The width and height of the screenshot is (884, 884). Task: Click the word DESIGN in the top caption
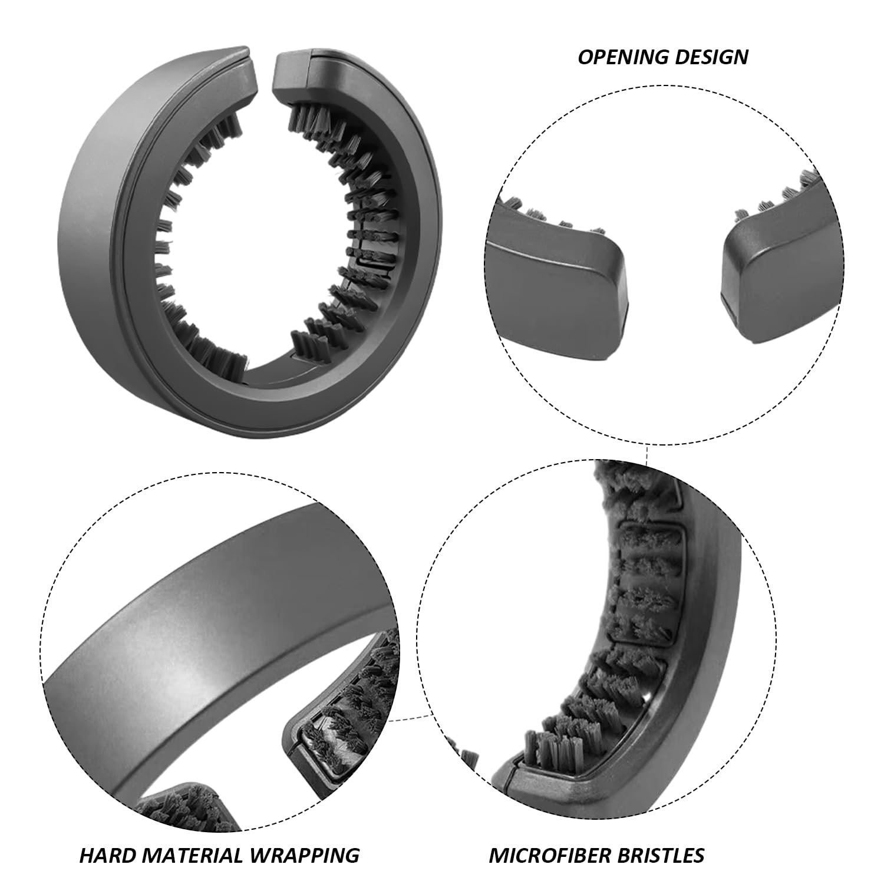710,57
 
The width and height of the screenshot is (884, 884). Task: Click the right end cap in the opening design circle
778,277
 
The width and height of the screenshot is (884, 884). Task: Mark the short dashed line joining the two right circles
647,455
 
